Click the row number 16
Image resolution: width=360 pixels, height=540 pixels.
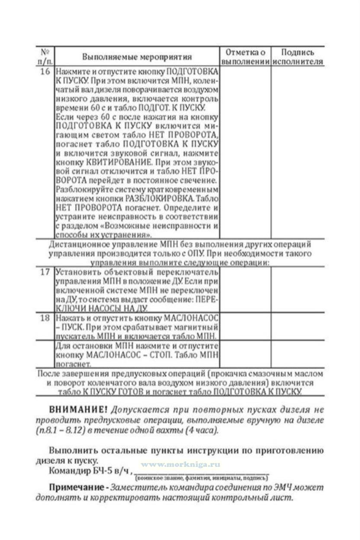(x=45, y=71)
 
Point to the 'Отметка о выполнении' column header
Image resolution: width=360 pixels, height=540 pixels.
(x=245, y=57)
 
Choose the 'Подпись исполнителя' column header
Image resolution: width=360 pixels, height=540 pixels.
(x=298, y=57)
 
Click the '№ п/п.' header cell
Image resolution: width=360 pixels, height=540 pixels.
(x=45, y=57)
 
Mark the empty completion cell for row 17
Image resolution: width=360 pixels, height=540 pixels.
(x=245, y=290)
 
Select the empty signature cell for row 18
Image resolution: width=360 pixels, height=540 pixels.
(x=298, y=326)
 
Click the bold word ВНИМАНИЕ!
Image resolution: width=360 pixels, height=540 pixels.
(x=78, y=409)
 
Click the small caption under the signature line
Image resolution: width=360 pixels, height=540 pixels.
(x=201, y=478)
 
